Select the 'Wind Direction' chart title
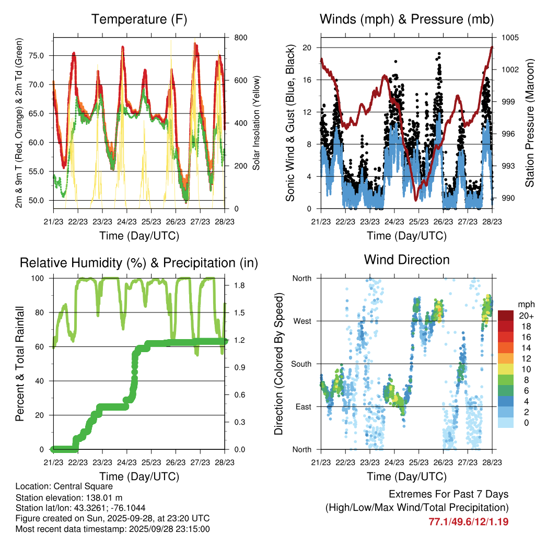coord(406,259)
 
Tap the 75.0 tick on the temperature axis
coord(42,55)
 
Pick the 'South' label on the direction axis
coord(301,364)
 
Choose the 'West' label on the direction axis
coord(303,321)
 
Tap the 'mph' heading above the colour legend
coord(525,304)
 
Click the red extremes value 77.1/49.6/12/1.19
coord(469,521)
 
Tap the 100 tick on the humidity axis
coord(41,278)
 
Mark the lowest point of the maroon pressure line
coord(416,200)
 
